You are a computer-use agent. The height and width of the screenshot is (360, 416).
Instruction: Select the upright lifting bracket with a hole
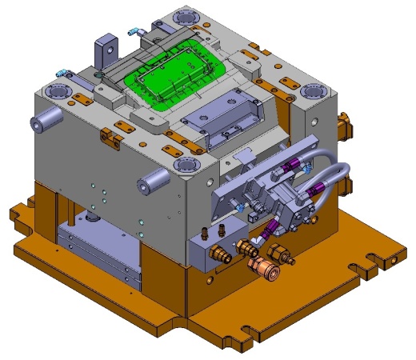tap(104, 53)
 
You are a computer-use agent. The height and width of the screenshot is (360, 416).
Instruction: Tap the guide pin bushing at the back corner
tap(186, 17)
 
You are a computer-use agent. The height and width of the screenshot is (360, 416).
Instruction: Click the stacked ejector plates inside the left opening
tap(96, 248)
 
